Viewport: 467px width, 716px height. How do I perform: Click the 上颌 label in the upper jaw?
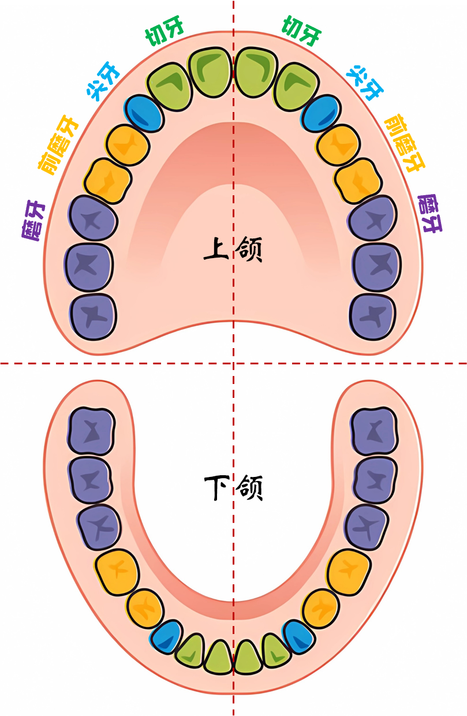click(233, 249)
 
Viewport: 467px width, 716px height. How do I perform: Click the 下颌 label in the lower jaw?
click(233, 488)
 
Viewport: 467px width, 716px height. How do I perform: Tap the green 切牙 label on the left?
click(165, 32)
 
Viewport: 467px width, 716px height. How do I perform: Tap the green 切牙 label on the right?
click(301, 31)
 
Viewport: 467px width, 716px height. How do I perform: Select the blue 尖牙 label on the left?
click(103, 81)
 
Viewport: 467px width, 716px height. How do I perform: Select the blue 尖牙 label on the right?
click(365, 83)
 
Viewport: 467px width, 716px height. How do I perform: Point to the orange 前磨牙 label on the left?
click(58, 144)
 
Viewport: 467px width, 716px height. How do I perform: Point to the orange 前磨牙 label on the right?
click(405, 143)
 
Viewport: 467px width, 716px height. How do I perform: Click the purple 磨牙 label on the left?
click(33, 220)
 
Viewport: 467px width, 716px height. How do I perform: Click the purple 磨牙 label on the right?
click(430, 213)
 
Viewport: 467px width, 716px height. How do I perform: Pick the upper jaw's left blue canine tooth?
click(144, 114)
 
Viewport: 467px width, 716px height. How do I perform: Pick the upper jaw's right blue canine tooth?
click(320, 114)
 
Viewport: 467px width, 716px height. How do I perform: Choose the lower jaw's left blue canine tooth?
click(166, 637)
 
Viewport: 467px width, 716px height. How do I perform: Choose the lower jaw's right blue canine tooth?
click(298, 637)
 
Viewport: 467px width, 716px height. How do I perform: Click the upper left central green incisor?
click(210, 72)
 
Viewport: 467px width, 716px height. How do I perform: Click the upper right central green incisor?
click(256, 72)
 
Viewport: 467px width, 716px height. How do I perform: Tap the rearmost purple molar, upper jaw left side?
click(93, 316)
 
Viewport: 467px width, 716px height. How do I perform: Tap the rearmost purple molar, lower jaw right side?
click(374, 431)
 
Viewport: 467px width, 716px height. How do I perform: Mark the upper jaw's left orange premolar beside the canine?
click(128, 146)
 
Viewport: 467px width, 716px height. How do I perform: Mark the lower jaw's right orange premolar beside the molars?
click(349, 572)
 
